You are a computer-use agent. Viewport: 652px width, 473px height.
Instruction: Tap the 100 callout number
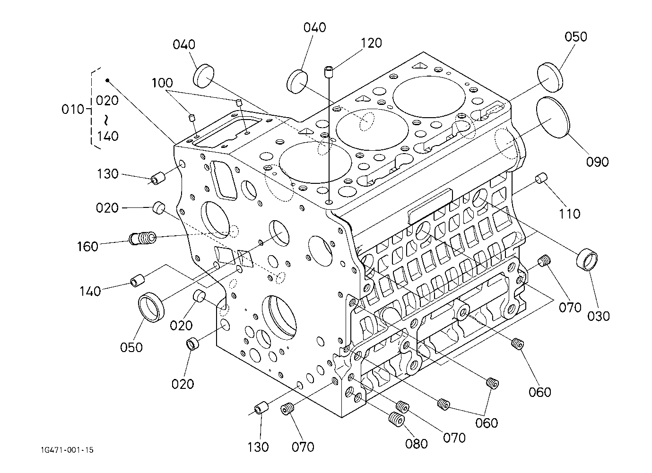[x=162, y=84]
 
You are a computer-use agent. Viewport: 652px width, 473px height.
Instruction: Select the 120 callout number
[x=371, y=43]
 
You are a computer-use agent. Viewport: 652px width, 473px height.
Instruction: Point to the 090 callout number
[x=597, y=162]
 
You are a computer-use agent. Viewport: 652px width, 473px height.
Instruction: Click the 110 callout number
[x=569, y=214]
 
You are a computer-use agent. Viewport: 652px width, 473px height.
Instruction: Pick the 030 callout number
[x=598, y=315]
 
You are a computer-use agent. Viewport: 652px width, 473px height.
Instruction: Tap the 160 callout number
[x=88, y=246]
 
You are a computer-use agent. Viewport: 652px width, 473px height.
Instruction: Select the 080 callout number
[x=417, y=444]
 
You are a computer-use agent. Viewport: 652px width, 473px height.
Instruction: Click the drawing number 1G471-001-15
[x=67, y=450]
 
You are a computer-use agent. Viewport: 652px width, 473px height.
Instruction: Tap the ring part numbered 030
[x=587, y=259]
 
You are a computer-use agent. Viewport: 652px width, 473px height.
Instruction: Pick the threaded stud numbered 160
[x=143, y=238]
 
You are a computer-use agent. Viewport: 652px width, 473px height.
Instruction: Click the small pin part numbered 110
[x=541, y=179]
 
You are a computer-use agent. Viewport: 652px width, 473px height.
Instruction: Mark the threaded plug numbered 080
[x=396, y=419]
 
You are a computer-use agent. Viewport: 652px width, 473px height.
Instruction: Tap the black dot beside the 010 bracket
[x=107, y=80]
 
